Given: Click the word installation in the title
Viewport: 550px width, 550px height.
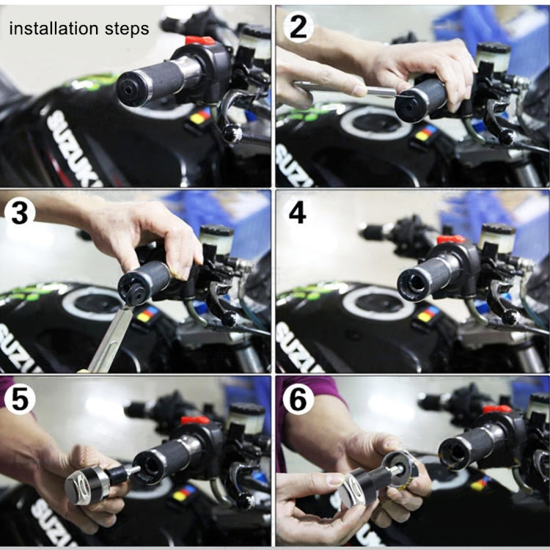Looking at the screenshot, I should coord(52,29).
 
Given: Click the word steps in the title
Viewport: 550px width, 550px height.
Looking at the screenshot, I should coord(125,29).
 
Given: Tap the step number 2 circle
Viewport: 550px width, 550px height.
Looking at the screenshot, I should coord(297,26).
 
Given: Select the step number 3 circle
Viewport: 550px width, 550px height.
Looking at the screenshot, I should coord(21,212).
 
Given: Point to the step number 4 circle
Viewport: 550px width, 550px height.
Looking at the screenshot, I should coord(297,212).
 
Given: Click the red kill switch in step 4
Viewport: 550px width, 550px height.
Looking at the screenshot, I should coord(450,239).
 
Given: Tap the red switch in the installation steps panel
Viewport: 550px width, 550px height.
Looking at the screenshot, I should coord(199,40).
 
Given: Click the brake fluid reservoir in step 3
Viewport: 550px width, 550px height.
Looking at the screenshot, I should coord(216,239).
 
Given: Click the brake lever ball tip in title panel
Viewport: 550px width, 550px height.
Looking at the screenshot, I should coord(232,133).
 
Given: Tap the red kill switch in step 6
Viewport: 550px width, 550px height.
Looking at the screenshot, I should coord(496,408).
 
